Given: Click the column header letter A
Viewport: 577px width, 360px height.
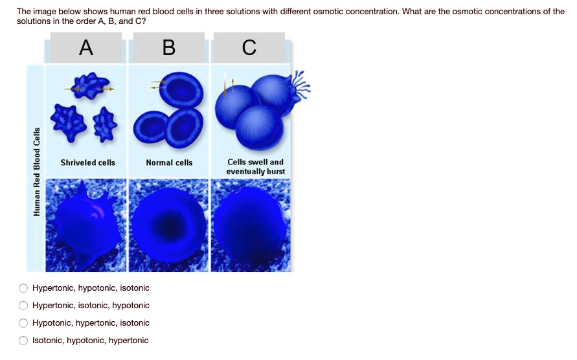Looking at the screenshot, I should [85, 47].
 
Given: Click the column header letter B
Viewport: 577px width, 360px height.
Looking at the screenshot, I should [168, 47].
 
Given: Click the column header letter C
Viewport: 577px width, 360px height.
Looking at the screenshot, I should [249, 47].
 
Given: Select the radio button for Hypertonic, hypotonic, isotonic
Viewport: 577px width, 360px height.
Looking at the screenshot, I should [24, 288].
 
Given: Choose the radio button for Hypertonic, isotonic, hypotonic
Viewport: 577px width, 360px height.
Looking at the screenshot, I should [24, 306].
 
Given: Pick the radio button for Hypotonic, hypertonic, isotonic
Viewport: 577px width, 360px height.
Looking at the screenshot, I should [24, 323].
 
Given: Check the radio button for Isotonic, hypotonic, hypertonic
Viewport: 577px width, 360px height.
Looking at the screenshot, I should [24, 341].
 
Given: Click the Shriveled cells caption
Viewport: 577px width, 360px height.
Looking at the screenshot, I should [87, 163].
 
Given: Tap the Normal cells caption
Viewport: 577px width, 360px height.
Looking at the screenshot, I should [169, 163].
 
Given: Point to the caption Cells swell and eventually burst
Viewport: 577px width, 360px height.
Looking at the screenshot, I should [255, 167].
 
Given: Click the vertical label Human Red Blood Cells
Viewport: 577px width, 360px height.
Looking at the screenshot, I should [37, 172].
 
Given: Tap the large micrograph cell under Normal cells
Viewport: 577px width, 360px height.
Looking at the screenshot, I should [170, 226].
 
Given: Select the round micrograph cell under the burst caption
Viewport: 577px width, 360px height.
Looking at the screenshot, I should [251, 226].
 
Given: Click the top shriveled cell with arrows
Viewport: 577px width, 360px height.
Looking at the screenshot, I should [87, 87].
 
